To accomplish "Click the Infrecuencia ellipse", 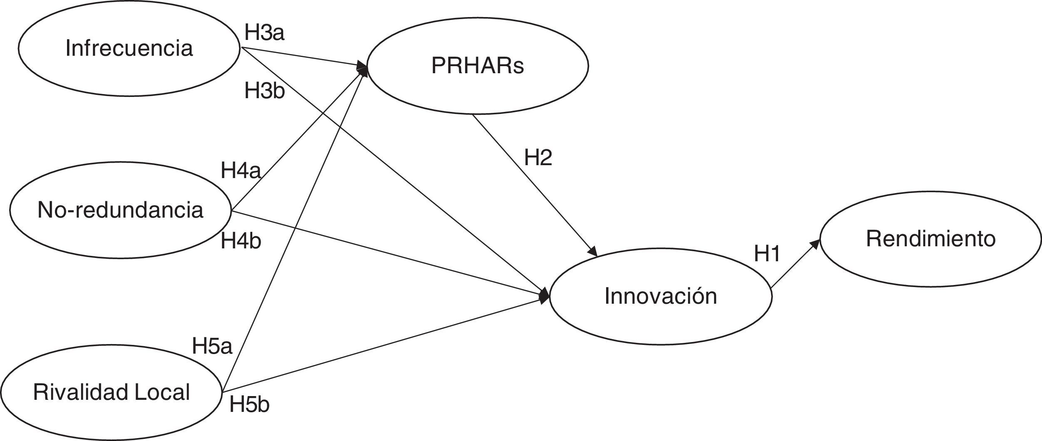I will tap(129, 48).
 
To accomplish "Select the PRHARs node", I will tap(477, 66).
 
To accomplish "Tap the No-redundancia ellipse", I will tap(120, 210).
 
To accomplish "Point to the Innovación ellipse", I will tap(661, 296).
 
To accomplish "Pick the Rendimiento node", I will tap(931, 239).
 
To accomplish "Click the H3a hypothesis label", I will tap(264, 32).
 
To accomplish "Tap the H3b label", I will tap(264, 91).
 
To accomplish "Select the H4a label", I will tap(241, 171).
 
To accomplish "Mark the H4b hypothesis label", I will tap(241, 241).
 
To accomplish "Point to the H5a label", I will tap(212, 346).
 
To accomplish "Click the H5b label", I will tap(249, 404).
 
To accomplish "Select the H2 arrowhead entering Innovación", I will tap(593, 252).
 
